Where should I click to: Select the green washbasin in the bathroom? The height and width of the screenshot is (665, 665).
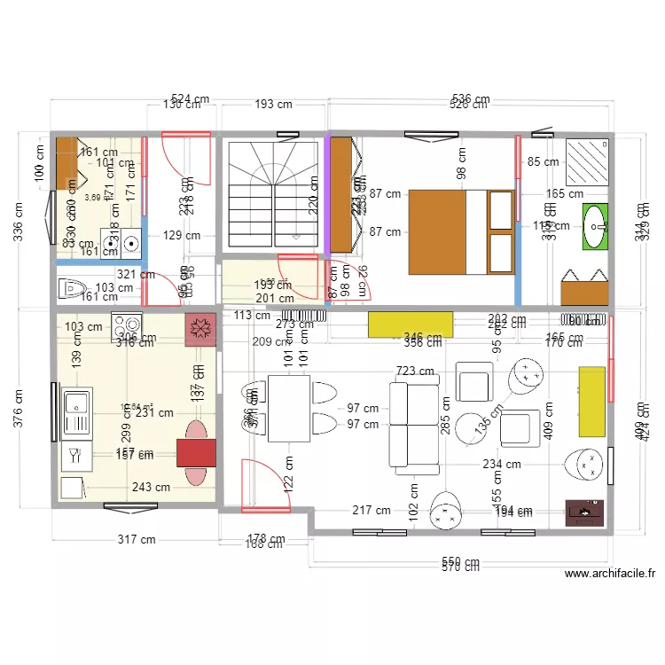click(595, 225)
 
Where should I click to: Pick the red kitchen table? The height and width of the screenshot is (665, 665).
click(196, 452)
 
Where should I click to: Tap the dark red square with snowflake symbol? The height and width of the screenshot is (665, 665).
click(200, 329)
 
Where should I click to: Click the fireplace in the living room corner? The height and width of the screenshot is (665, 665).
click(585, 512)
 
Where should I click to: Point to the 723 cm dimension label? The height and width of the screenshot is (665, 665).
click(416, 372)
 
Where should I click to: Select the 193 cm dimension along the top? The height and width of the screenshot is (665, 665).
click(273, 104)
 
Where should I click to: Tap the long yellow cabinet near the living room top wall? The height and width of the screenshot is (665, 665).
click(411, 325)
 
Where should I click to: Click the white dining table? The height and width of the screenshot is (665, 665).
click(287, 408)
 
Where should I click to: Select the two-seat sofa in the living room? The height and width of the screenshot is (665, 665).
click(412, 424)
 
